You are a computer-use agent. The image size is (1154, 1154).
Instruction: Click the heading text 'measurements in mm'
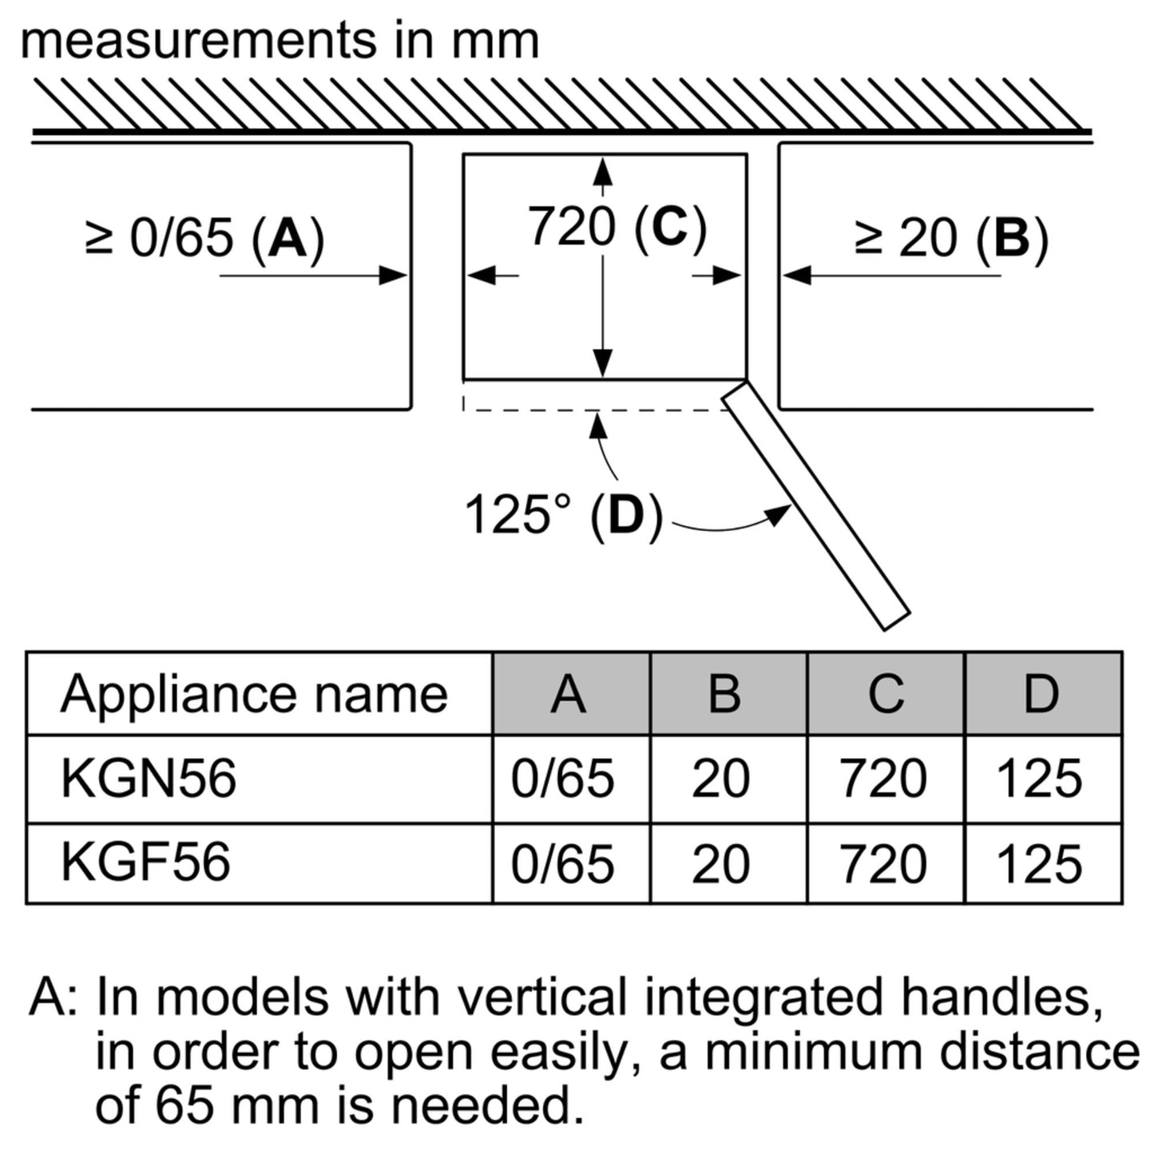[x=280, y=42]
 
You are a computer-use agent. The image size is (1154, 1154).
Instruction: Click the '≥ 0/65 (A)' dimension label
[x=204, y=238]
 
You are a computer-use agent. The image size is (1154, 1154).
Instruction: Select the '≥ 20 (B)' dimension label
[x=951, y=238]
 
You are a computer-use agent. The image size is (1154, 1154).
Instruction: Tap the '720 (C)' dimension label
[x=617, y=227]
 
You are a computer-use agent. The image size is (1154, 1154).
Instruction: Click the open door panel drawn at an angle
[x=816, y=505]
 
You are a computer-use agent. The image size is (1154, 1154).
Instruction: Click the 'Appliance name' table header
[x=254, y=695]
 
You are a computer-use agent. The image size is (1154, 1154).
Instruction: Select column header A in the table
[x=568, y=694]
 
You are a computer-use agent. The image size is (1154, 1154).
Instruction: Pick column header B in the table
[x=724, y=694]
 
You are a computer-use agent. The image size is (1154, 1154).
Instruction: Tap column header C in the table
[x=886, y=694]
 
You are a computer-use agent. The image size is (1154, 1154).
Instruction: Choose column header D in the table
[x=1041, y=694]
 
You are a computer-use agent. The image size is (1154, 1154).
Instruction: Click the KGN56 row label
[x=149, y=778]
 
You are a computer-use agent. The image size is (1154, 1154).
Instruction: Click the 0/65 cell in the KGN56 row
[x=562, y=779]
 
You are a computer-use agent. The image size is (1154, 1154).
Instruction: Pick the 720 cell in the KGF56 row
[x=884, y=863]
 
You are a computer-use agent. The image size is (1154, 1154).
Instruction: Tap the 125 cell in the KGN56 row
[x=1039, y=779]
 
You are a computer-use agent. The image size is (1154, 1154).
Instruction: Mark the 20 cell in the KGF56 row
[x=720, y=863]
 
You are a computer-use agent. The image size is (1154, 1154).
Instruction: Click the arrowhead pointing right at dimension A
[x=394, y=276]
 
